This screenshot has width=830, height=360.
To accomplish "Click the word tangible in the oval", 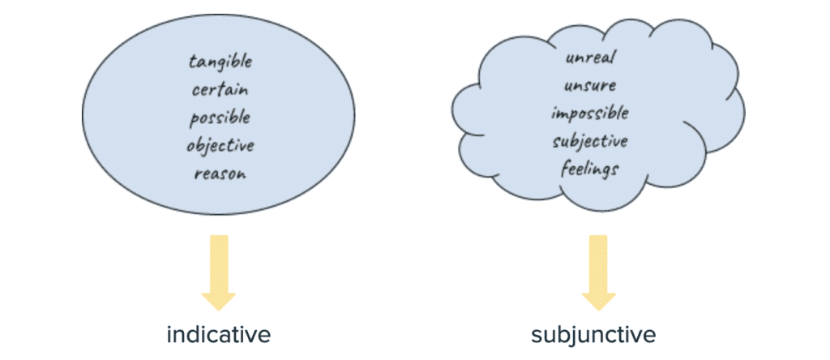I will (x=220, y=62).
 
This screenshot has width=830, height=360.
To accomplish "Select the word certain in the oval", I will (x=220, y=90).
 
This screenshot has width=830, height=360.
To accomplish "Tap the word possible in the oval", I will (x=220, y=118).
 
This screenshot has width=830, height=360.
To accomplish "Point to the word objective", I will (x=220, y=147).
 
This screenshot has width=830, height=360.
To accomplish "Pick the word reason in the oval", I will (x=220, y=174).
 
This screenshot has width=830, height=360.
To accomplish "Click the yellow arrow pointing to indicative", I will (x=218, y=271).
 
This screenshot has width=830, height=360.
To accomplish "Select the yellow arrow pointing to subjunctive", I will (x=599, y=271).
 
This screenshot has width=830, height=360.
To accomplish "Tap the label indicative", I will (x=218, y=334).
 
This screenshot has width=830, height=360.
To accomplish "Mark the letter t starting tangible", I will (x=192, y=62).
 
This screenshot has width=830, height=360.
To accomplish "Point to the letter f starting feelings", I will (x=563, y=169).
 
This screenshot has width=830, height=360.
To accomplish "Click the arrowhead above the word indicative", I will (x=218, y=299).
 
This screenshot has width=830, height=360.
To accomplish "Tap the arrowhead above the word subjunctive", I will (x=599, y=299).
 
